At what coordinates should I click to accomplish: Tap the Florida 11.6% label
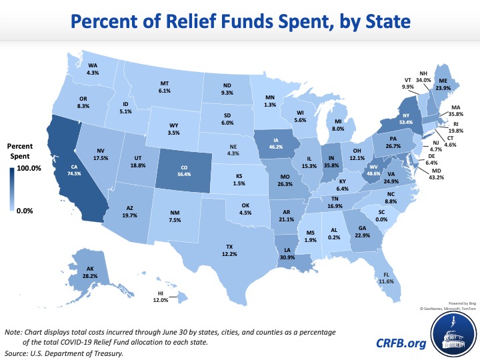click(x=385, y=282)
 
